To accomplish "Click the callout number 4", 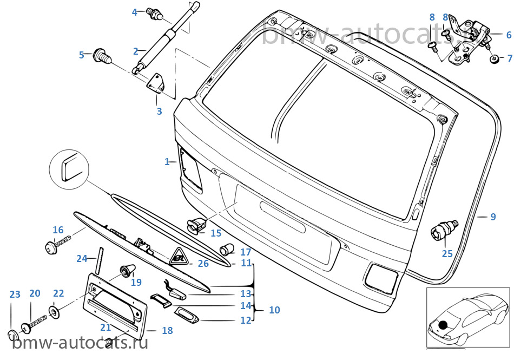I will pyautogui.click(x=135, y=11).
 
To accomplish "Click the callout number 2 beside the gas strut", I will pyautogui.click(x=136, y=51).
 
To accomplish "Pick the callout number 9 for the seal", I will pyautogui.click(x=493, y=217).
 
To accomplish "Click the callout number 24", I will pyautogui.click(x=82, y=258).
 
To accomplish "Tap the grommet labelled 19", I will pyautogui.click(x=127, y=270).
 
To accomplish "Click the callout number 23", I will pyautogui.click(x=15, y=294).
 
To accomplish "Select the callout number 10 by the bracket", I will pyautogui.click(x=274, y=310).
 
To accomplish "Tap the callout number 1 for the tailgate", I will pyautogui.click(x=168, y=161).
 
